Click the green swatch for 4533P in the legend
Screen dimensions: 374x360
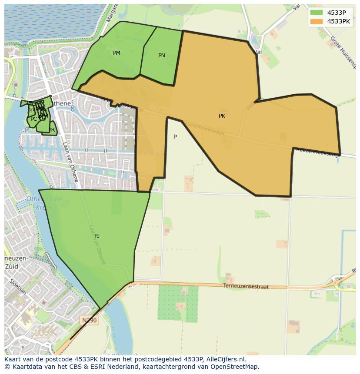(x=317, y=13)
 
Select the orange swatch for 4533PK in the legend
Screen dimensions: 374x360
(x=317, y=21)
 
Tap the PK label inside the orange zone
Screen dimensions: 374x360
(x=222, y=116)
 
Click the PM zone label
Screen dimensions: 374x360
(x=117, y=53)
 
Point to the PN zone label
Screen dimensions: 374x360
(x=161, y=56)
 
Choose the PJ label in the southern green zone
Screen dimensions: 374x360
(x=97, y=236)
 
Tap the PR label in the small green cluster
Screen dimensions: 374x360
(x=52, y=130)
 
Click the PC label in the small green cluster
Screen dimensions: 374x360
(x=33, y=119)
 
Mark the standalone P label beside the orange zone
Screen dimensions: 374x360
(x=175, y=137)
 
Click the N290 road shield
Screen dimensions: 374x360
(x=90, y=320)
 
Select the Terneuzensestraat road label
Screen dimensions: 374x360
(x=246, y=287)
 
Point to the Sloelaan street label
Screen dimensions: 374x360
(x=16, y=286)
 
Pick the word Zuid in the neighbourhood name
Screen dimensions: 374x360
(x=11, y=266)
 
